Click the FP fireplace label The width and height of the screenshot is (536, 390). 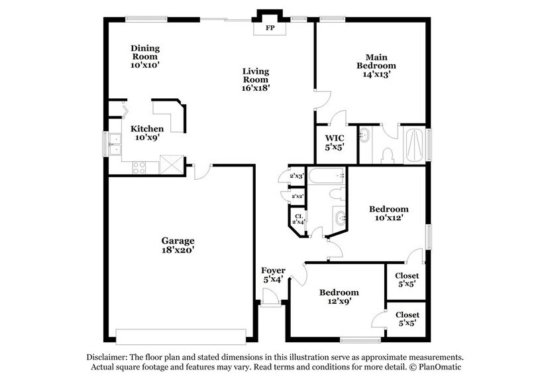click(x=270, y=29)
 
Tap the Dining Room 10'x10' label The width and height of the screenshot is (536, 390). click(x=145, y=57)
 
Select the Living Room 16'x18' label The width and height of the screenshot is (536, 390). click(x=255, y=79)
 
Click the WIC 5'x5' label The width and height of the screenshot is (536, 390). click(x=333, y=143)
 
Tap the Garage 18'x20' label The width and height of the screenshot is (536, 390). click(x=178, y=245)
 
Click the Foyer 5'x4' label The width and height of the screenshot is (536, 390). click(x=273, y=275)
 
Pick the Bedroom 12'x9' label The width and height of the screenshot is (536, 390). click(x=339, y=296)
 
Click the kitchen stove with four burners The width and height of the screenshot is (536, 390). click(x=140, y=167)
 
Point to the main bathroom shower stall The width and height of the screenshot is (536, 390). click(x=414, y=143)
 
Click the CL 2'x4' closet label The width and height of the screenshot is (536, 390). click(x=299, y=218)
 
